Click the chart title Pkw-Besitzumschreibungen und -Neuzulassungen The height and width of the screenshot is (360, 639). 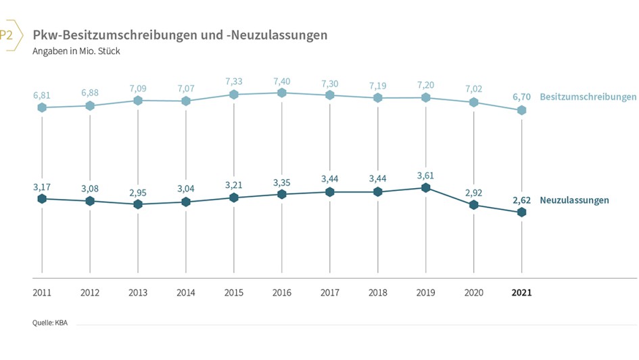point(180,35)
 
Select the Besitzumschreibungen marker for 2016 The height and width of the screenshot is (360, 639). point(282,93)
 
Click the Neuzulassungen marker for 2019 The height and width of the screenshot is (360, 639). point(425,187)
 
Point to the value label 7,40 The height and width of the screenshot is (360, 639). point(282,81)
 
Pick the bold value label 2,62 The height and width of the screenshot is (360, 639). point(521,200)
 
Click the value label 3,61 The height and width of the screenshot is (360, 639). point(425,175)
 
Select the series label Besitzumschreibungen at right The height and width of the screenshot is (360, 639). point(588,97)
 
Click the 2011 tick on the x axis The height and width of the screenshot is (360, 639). point(42,293)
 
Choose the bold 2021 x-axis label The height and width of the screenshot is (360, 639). point(521,293)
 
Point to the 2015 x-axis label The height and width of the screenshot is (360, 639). point(233,293)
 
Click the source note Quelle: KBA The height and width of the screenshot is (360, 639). point(50,323)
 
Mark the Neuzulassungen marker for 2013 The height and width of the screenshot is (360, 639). point(138,204)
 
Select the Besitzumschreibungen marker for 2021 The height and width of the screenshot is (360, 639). point(521,110)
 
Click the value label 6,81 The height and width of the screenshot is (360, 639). point(42,95)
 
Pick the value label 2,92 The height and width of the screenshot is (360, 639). point(473,192)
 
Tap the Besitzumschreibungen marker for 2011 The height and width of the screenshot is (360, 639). point(42,108)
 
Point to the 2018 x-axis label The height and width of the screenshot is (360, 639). point(377,293)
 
